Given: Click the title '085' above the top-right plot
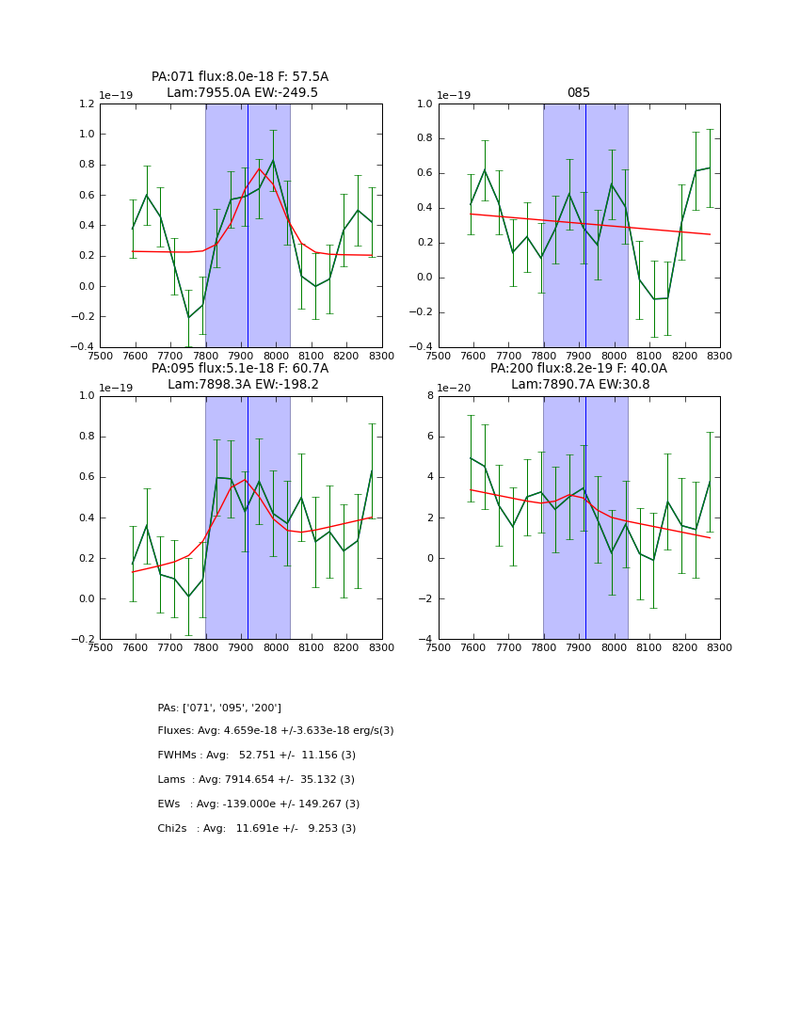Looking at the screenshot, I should (579, 93).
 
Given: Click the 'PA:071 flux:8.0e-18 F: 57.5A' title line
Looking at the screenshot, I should (240, 77).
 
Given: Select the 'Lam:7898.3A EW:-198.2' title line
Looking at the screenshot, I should (243, 385).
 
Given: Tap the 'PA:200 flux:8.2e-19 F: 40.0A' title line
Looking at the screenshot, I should (579, 369).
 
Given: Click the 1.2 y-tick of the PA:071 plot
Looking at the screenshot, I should (86, 104).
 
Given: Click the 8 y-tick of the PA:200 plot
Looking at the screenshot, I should (428, 396).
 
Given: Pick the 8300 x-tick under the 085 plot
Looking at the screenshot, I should (720, 356).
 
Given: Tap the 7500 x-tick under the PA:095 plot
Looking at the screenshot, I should (100, 647).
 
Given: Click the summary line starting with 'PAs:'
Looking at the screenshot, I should (219, 708).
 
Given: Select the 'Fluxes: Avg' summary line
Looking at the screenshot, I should (276, 731).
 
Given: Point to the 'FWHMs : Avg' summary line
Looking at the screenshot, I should (257, 756).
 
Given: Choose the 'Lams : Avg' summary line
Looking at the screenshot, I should (256, 780).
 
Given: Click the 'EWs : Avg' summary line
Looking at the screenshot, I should (259, 804).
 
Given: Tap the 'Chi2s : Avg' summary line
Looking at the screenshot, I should (257, 829).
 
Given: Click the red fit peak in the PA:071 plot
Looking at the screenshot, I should (260, 168).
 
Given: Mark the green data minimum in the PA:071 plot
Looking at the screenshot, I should (188, 317).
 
